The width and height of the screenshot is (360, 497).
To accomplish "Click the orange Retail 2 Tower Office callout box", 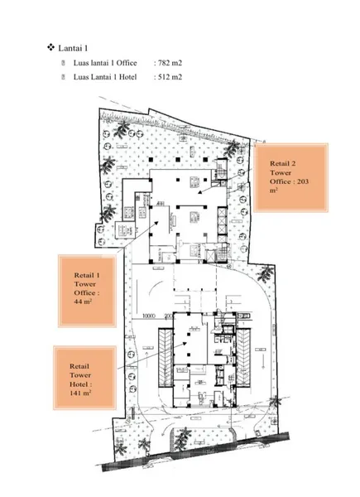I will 289,178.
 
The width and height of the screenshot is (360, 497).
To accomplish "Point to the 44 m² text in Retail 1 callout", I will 82,302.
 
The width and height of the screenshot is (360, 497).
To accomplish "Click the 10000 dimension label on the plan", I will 149,316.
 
